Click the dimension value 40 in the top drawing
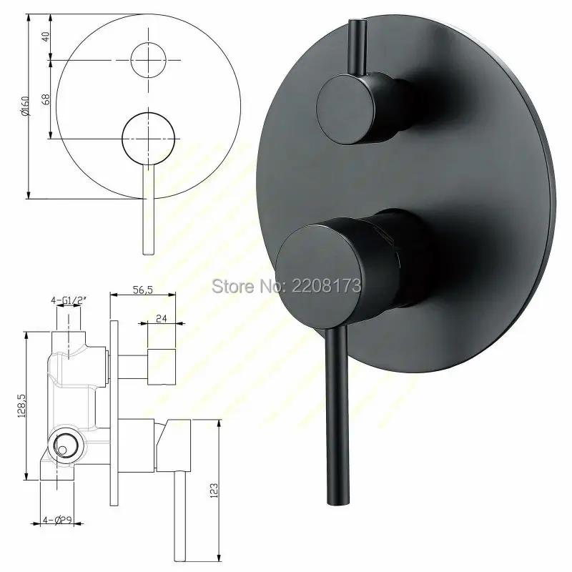[x=45, y=37]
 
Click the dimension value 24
[x=162, y=321]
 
